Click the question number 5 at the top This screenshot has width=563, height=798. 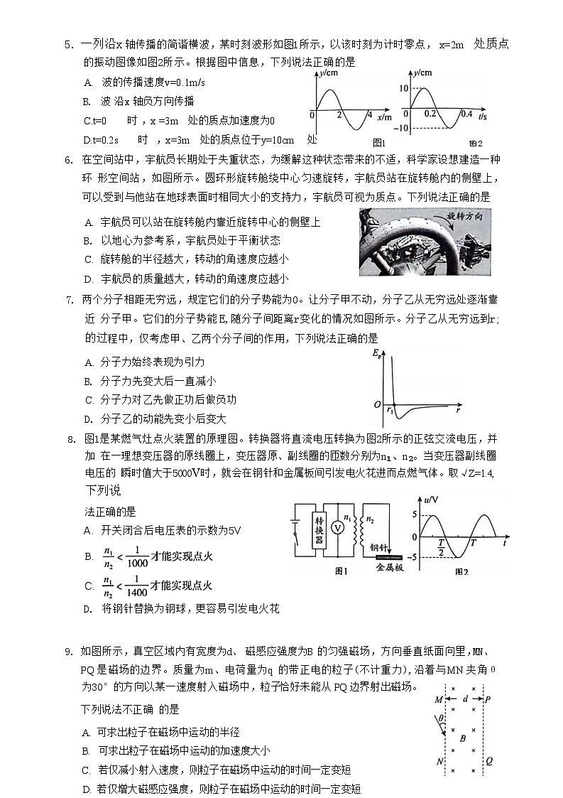tap(68, 45)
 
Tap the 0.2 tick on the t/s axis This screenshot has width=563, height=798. tap(430, 114)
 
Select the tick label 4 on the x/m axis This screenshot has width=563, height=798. tap(369, 114)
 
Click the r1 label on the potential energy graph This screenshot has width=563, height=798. tap(390, 410)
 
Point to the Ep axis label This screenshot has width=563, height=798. tap(376, 353)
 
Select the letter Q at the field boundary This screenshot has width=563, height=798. tap(488, 760)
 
